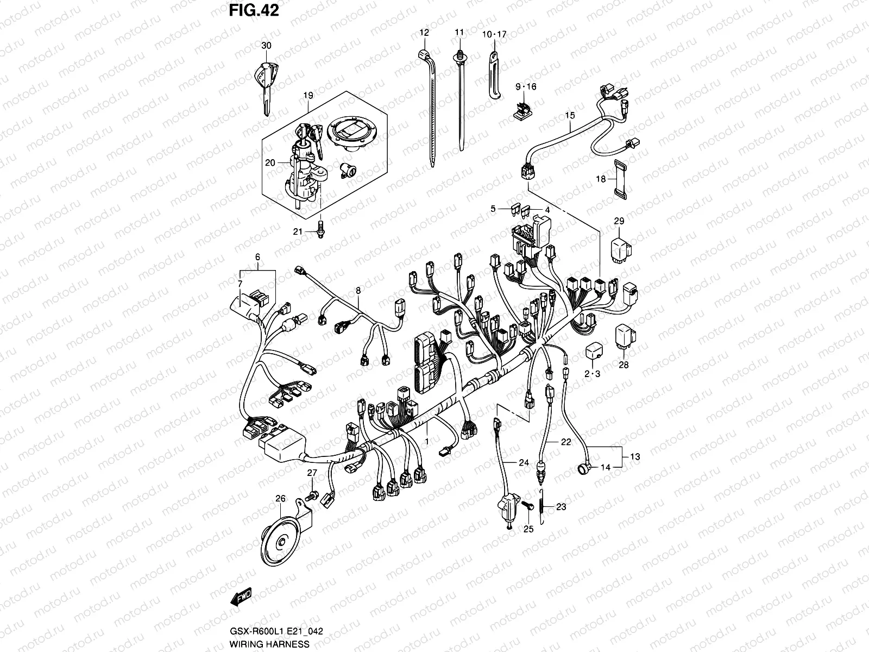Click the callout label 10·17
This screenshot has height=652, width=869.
(494, 34)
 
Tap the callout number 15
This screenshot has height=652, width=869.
(570, 115)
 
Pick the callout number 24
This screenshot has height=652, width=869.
(523, 463)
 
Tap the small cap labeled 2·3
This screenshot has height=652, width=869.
(593, 351)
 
